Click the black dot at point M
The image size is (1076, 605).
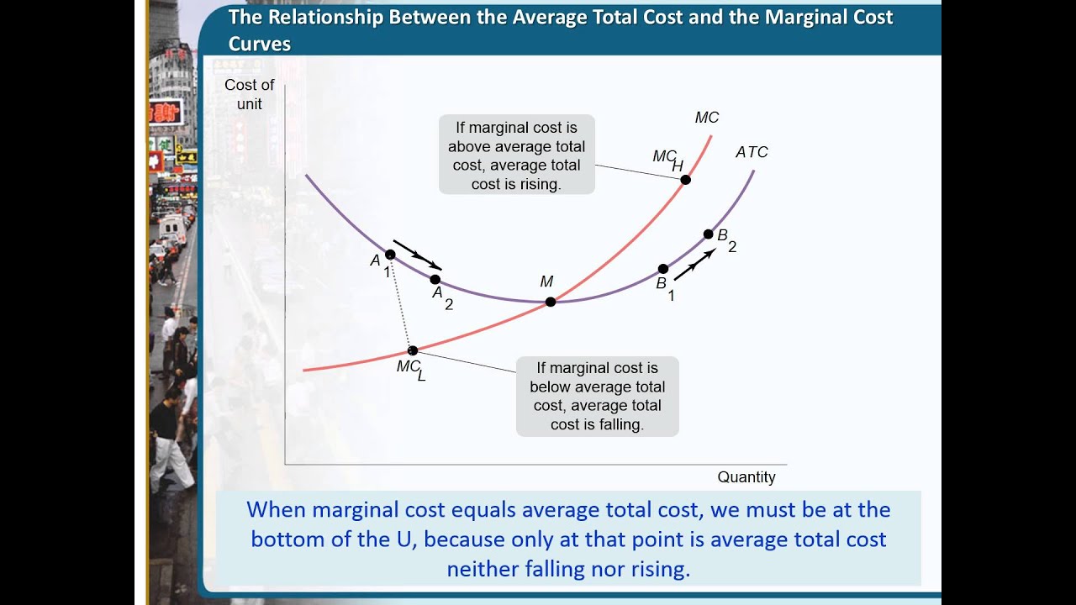point(550,302)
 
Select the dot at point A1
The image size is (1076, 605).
point(390,255)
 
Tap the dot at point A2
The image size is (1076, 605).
point(435,280)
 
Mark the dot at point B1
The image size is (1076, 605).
point(663,269)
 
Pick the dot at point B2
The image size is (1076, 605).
point(709,234)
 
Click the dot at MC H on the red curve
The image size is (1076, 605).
point(685,180)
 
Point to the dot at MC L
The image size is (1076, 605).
point(412,350)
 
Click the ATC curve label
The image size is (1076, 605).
point(752,152)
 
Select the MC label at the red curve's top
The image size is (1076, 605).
point(707,118)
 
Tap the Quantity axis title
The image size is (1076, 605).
point(746,477)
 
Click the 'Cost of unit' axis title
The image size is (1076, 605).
point(250,94)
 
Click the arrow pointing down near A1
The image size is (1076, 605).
point(417,255)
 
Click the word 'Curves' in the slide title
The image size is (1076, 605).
point(260,45)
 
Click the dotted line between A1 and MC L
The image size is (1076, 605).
point(401,302)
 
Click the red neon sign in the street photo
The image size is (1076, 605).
point(165,112)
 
